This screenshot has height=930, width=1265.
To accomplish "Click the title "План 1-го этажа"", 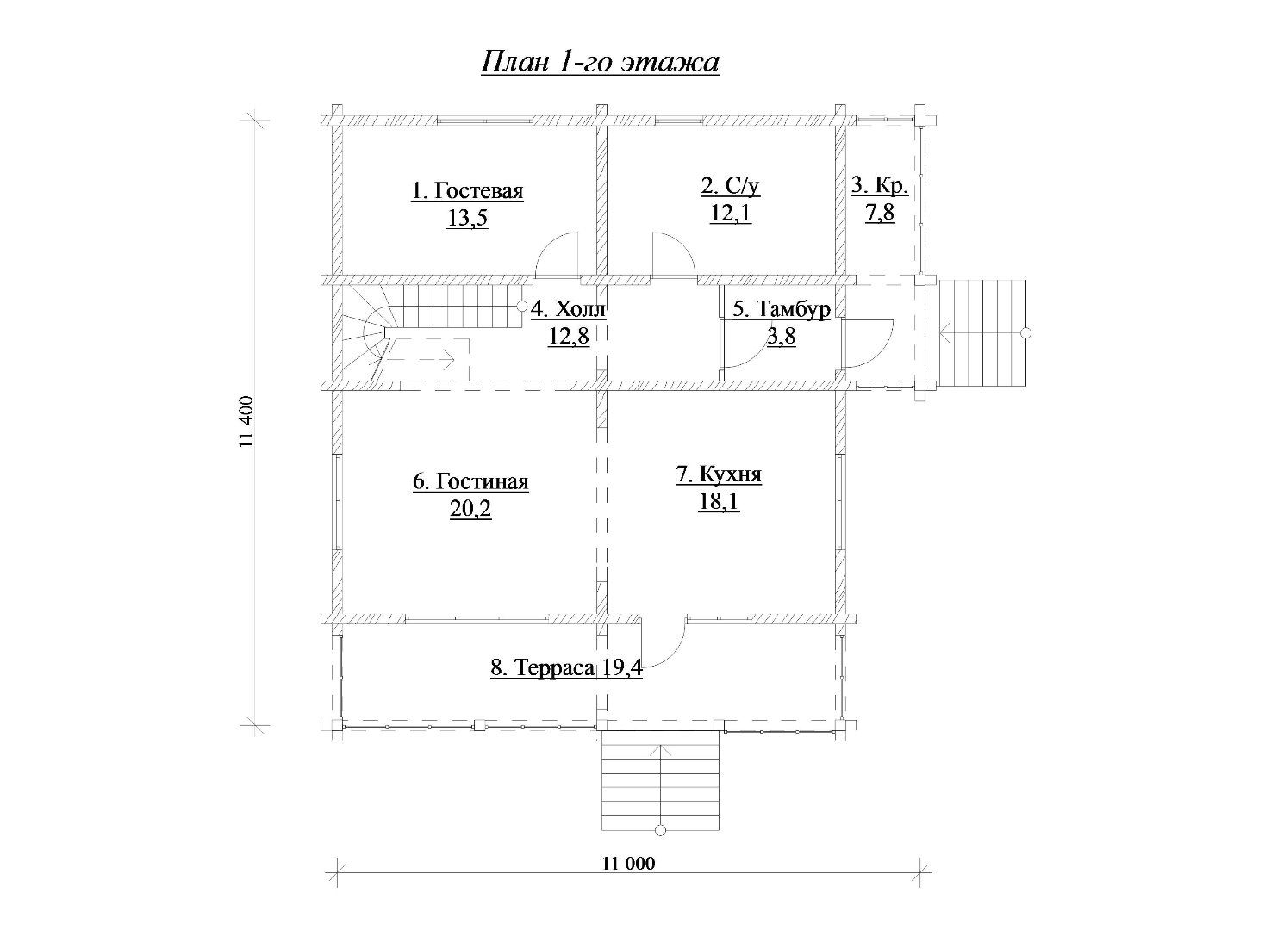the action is click(600, 62).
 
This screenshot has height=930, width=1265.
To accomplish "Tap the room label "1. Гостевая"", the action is click(467, 191).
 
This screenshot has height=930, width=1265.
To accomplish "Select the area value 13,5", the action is click(467, 217).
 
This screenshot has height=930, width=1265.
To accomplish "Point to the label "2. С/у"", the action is click(730, 186).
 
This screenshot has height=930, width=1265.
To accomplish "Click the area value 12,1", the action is click(731, 213).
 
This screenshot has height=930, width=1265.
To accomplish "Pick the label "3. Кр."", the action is click(880, 186).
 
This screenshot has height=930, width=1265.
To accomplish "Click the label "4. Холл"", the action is click(568, 309).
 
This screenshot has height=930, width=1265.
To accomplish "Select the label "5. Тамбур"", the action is click(782, 309).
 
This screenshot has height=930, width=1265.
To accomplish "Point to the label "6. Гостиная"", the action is click(470, 482).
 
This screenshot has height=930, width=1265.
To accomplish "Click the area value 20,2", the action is click(470, 509).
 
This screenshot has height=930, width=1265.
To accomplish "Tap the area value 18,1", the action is click(719, 501).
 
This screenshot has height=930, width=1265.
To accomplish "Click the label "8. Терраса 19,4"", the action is click(566, 667).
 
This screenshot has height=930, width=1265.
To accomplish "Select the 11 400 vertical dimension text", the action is click(246, 422).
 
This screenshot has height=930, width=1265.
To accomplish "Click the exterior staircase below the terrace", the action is click(660, 781).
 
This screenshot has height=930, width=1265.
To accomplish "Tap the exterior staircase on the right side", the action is click(981, 333).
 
